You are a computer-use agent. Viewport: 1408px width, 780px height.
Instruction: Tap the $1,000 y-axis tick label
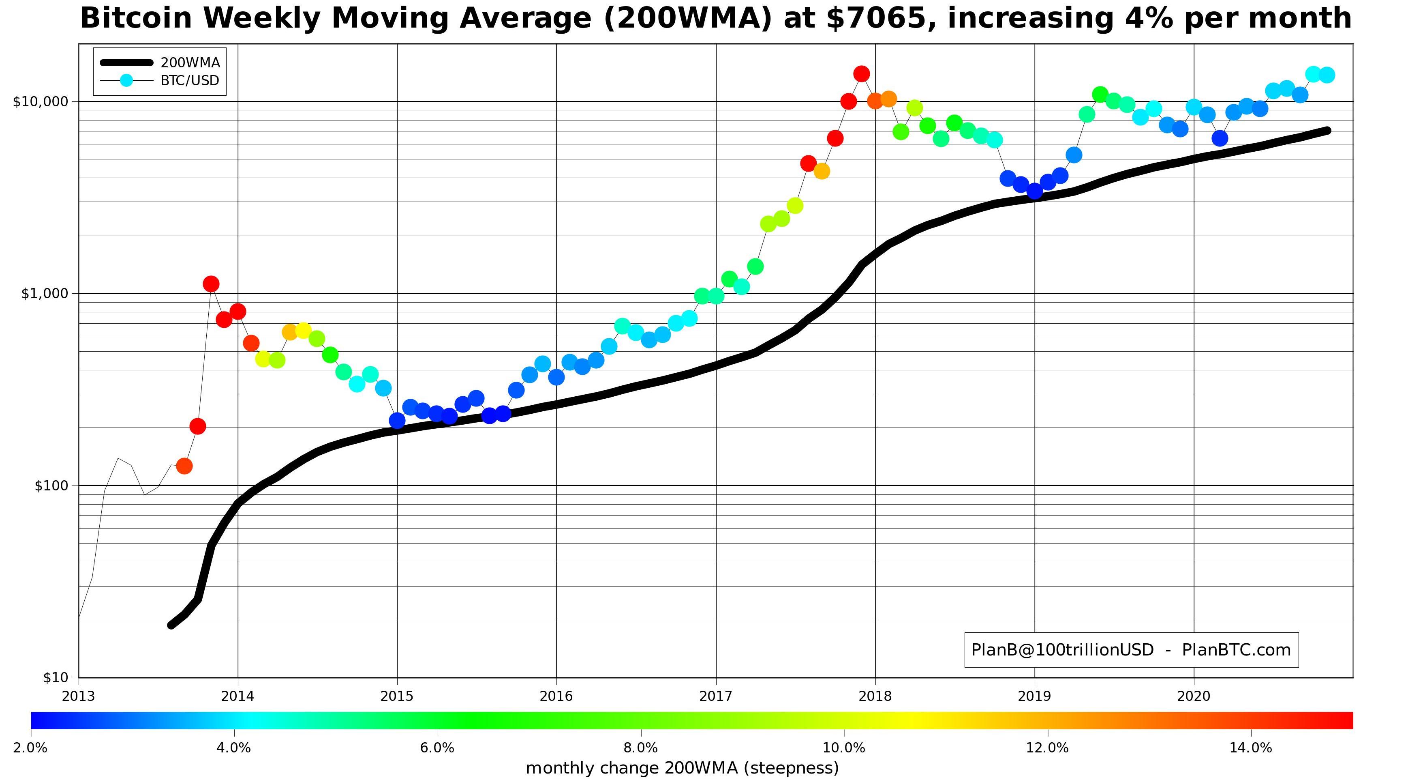(45, 294)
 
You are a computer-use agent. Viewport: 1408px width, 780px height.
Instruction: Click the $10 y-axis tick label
(56, 678)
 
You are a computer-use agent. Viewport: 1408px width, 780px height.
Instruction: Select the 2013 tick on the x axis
(79, 696)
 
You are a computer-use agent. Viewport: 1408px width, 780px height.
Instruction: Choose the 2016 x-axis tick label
(556, 696)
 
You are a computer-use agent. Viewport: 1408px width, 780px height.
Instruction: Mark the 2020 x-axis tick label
(1194, 696)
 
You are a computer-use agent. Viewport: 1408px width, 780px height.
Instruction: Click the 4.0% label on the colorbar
(234, 748)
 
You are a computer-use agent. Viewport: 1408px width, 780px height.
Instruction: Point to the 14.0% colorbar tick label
(1251, 748)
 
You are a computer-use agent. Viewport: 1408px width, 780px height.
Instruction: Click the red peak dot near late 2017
(861, 74)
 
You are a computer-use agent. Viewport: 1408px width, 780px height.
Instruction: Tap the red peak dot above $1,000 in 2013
(211, 284)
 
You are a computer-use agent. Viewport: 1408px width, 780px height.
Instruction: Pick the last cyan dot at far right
(1327, 75)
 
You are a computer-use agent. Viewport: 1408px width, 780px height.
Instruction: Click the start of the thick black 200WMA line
(171, 625)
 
